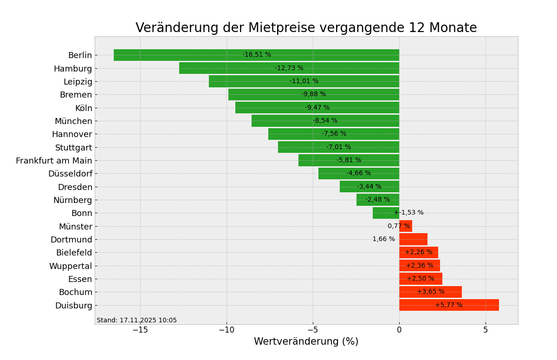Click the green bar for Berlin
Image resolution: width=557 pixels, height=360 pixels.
click(186, 55)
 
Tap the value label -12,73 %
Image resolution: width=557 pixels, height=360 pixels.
click(289, 68)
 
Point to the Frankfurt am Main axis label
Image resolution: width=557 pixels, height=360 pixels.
click(54, 161)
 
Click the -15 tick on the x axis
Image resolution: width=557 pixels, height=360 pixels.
click(140, 330)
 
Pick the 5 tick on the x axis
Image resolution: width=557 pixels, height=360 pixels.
click(486, 330)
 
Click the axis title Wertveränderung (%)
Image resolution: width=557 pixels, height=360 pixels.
click(306, 342)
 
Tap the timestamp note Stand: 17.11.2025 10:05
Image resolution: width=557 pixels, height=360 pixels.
click(136, 321)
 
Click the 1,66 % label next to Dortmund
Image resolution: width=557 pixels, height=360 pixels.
click(383, 239)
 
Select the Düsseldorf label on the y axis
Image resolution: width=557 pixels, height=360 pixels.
click(70, 174)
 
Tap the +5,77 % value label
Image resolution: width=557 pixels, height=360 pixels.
click(448, 305)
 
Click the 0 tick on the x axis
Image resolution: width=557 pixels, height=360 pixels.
click(399, 330)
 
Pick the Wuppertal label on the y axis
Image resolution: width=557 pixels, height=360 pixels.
click(71, 266)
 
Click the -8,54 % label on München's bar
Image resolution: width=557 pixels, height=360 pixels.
click(325, 121)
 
